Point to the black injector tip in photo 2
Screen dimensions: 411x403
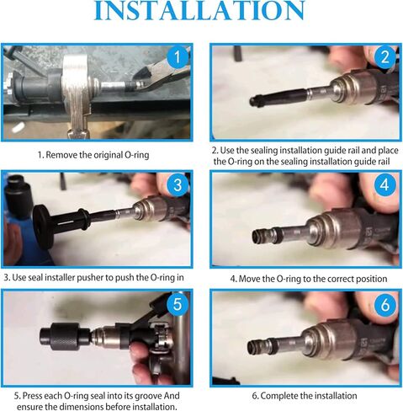pos(255,99)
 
